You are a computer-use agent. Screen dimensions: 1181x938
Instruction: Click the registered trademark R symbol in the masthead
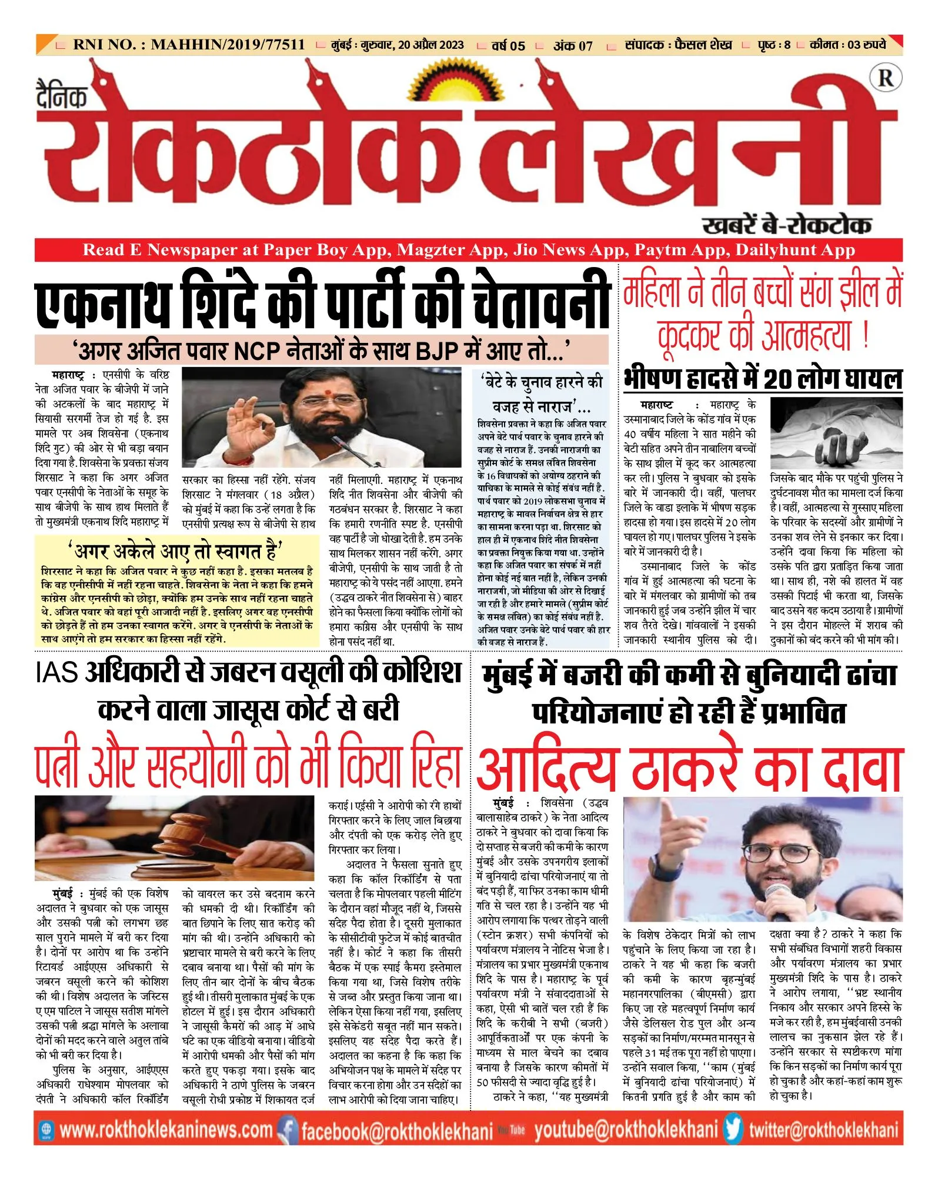pyautogui.click(x=885, y=78)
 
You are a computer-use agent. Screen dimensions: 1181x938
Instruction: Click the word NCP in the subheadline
pyautogui.click(x=257, y=351)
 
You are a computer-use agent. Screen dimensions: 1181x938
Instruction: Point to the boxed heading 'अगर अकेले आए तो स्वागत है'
pyautogui.click(x=175, y=552)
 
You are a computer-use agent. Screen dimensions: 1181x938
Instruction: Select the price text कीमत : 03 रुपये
pyautogui.click(x=847, y=45)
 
